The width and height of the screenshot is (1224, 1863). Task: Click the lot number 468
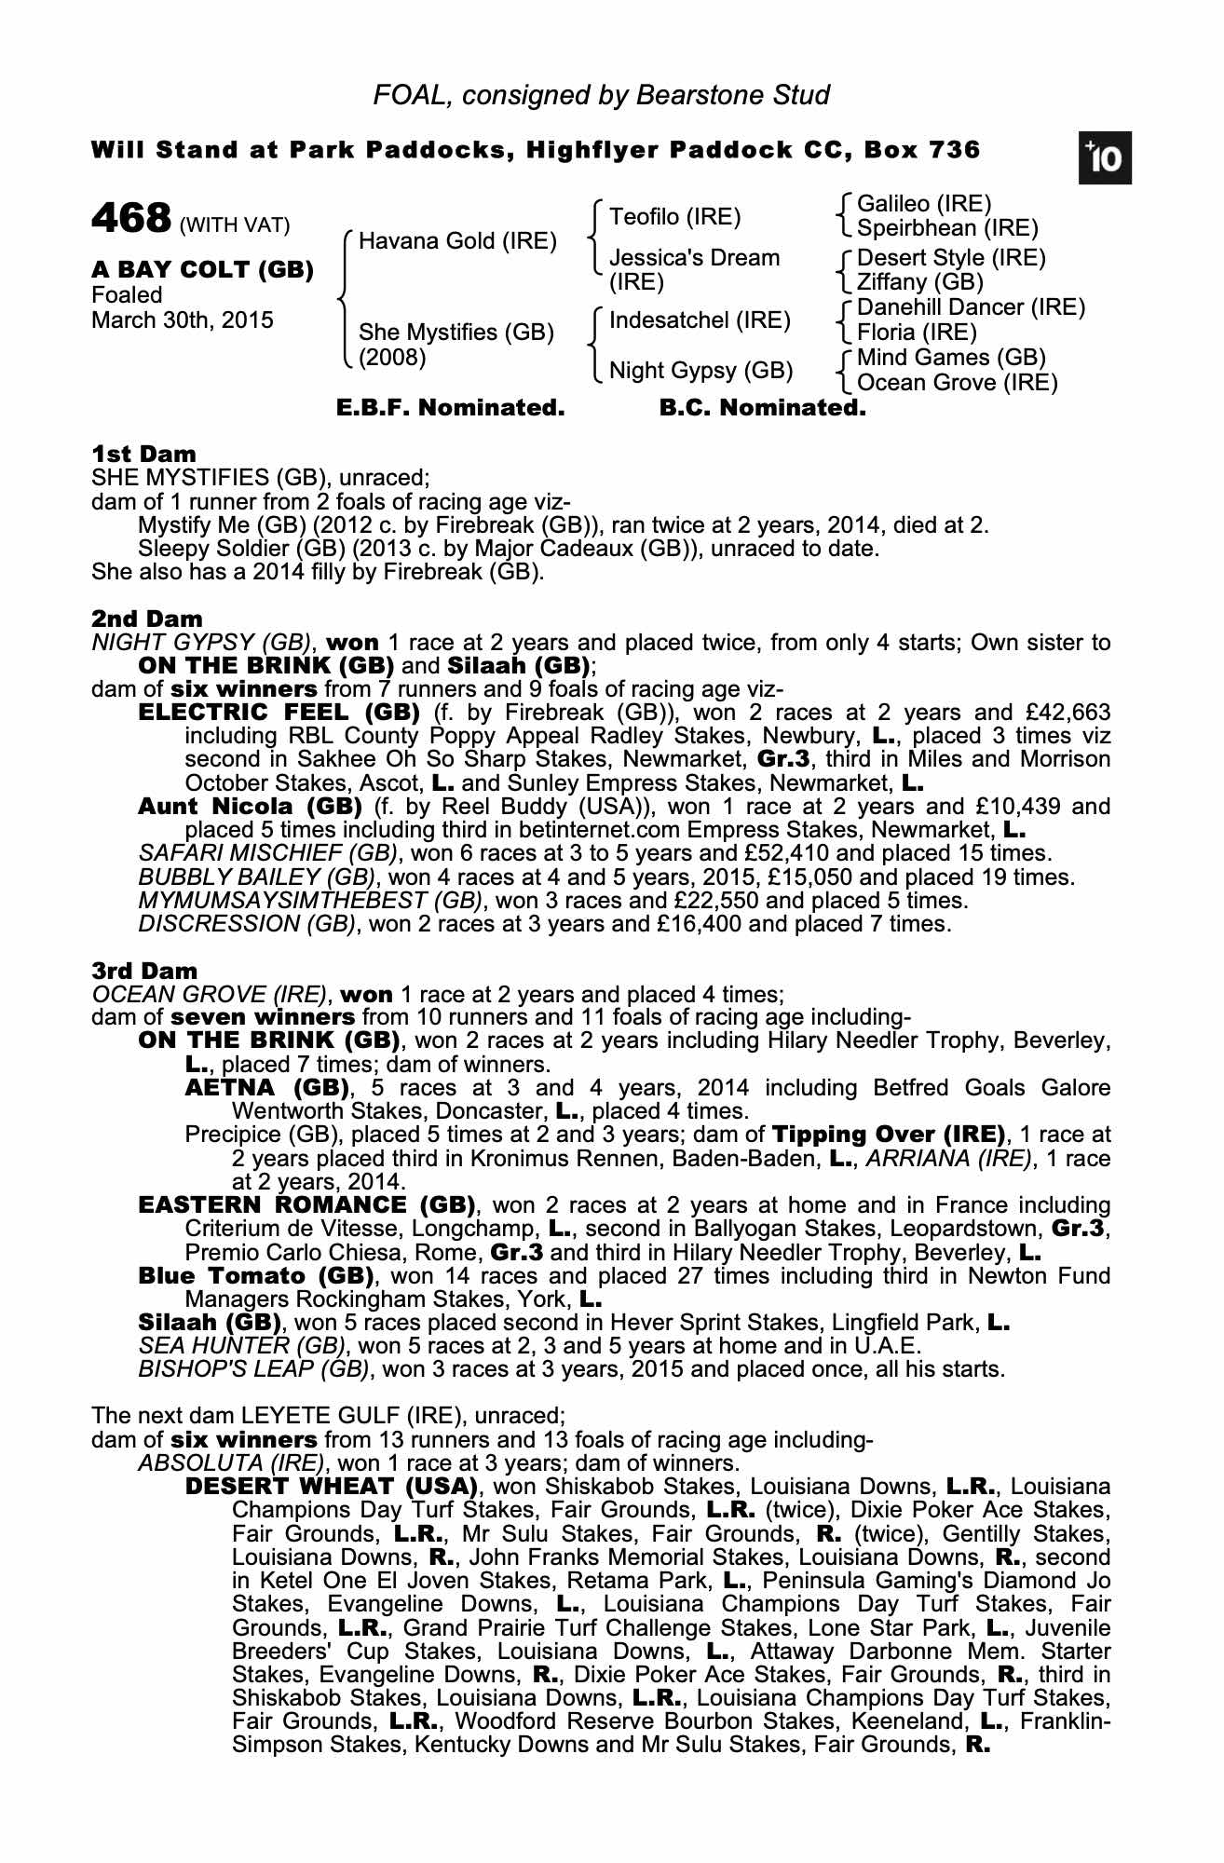(131, 220)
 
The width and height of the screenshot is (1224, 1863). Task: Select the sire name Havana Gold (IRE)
(457, 241)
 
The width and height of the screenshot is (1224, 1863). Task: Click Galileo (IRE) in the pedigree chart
(923, 203)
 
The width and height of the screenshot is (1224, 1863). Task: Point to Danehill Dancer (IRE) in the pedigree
(971, 307)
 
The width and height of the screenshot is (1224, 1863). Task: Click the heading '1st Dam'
(143, 455)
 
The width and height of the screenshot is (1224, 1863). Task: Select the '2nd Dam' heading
(146, 619)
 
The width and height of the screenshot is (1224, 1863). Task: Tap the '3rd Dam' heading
(144, 972)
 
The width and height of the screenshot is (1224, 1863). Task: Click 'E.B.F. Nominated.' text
(450, 408)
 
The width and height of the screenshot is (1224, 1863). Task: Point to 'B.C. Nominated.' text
(762, 408)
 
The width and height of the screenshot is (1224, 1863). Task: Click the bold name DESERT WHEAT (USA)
(331, 1486)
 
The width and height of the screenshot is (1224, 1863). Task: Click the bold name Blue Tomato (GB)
(255, 1275)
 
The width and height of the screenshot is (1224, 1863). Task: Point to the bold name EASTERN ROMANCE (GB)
(306, 1205)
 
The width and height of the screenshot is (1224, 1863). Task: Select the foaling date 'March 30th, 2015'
(183, 320)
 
